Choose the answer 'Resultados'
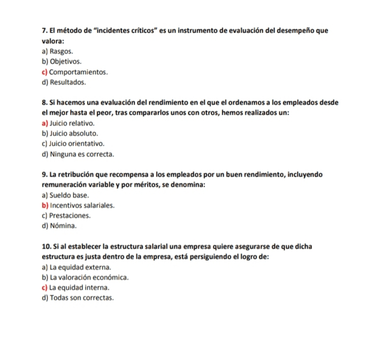click(68, 82)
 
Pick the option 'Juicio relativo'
click(72, 123)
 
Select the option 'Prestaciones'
click(70, 215)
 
